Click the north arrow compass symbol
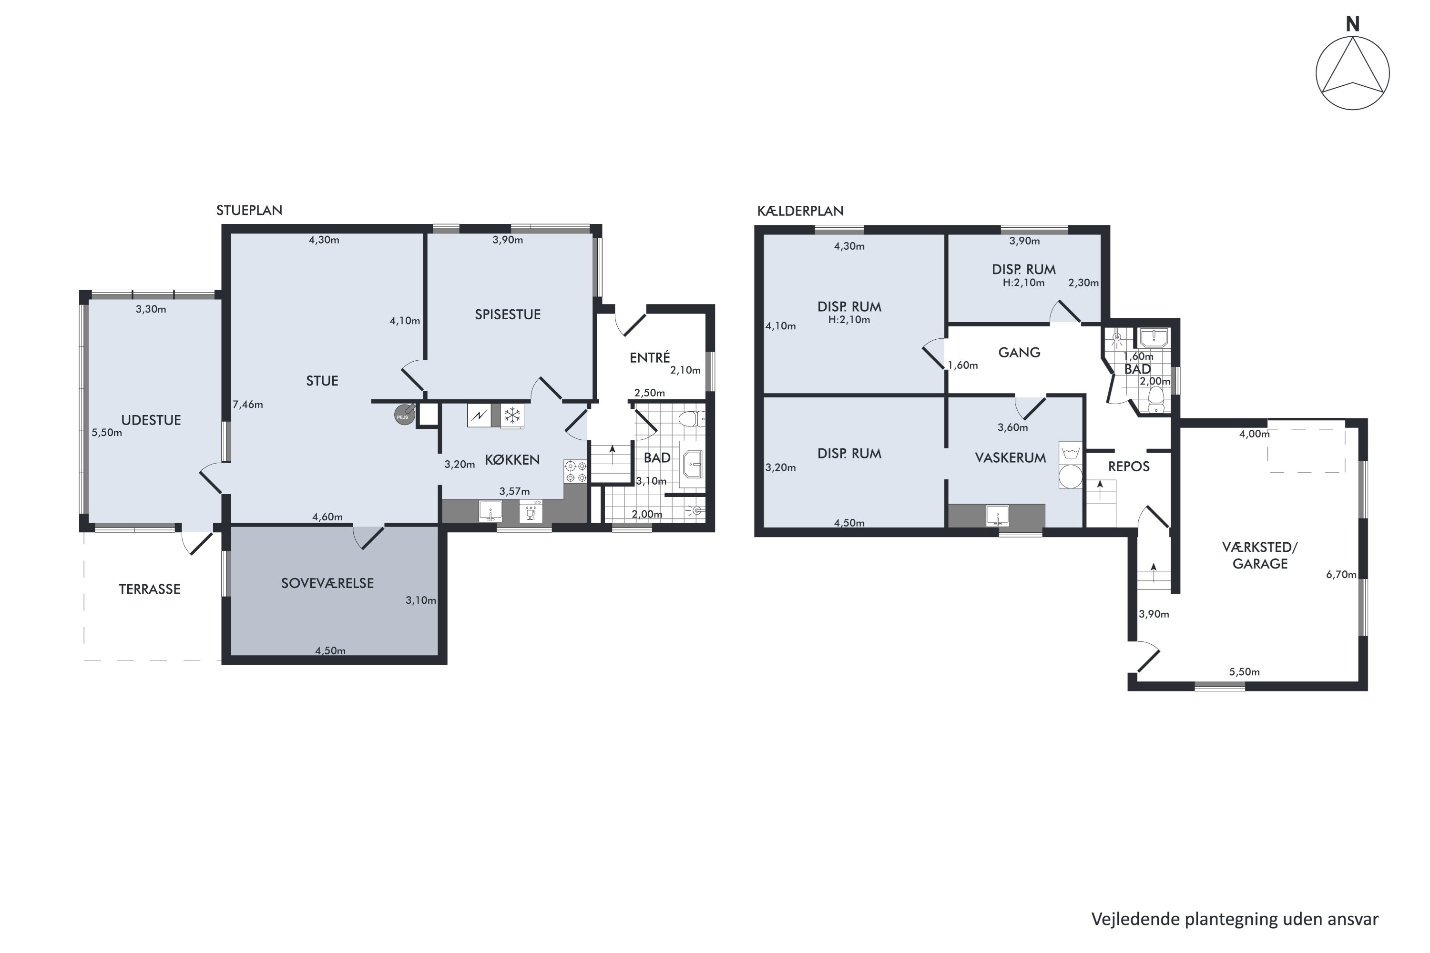pos(1352,72)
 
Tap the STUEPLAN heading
pos(249,210)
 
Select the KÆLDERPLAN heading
pos(800,211)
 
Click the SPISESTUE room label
pos(508,314)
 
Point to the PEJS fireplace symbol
pos(405,415)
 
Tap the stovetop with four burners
pos(575,472)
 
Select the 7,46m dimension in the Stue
pos(248,404)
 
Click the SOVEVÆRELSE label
pos(327,583)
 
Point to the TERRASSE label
pos(150,589)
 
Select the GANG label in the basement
pos(1020,352)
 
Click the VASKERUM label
pos(1011,457)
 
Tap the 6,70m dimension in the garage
pos(1341,574)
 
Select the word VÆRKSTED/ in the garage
pos(1260,547)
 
